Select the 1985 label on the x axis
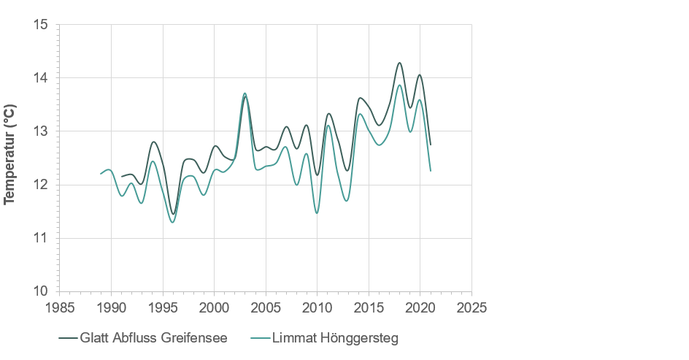point(60,306)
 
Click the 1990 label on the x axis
point(111,306)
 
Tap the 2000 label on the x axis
point(214,306)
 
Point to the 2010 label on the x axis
point(317,306)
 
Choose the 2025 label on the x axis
point(471,306)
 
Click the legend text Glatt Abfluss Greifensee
point(153,338)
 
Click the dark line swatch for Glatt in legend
point(68,338)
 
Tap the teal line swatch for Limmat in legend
point(259,338)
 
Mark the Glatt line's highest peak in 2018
point(399,63)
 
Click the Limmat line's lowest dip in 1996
point(172,222)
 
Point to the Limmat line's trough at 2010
point(317,213)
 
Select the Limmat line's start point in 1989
point(101,174)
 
